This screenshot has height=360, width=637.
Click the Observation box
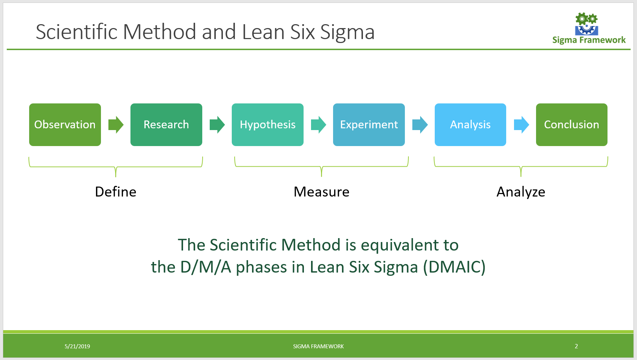coord(65,125)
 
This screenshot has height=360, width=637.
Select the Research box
coord(166,125)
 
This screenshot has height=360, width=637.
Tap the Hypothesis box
coord(268,125)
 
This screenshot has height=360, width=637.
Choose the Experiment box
coord(369,125)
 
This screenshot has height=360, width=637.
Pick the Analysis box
coord(470,125)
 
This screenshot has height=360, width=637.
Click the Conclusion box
coord(572,125)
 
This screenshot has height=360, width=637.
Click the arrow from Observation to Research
coord(116,125)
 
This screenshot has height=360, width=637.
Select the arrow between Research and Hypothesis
coord(217,125)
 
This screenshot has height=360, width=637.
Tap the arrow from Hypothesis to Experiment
coord(318,125)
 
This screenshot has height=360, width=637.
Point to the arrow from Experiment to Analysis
coord(420,125)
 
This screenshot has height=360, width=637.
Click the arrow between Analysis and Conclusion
coord(521,125)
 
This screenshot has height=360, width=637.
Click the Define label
coord(116,192)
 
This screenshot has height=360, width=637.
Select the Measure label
coord(321,192)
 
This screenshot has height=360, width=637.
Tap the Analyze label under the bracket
coord(521,192)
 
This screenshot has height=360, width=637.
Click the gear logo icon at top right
coord(587,23)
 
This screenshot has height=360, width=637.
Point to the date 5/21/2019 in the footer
coord(77,346)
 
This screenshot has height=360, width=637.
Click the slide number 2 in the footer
coord(576,346)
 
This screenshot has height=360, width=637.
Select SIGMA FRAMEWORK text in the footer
coord(318,346)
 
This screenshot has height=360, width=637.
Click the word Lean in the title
coord(263,32)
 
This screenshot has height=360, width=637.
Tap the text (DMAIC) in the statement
coord(454,267)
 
